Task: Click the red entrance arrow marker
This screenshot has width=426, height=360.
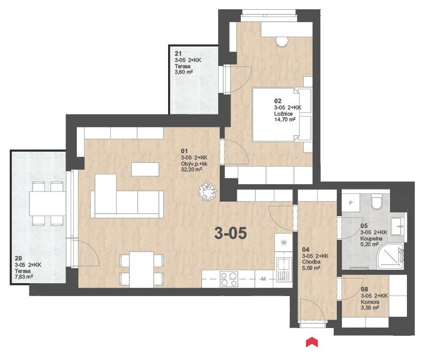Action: pos(312,342)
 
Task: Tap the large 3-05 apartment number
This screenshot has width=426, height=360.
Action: pos(231,233)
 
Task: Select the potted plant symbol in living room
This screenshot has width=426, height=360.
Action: pos(207,192)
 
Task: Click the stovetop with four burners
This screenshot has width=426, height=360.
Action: pos(229,279)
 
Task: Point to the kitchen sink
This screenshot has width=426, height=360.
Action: pos(284,270)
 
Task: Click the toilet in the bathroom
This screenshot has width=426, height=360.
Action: pos(376,202)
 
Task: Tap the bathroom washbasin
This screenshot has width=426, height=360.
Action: pos(398,226)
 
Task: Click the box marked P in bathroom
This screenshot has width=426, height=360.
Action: pos(351,203)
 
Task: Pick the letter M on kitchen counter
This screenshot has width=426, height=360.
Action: pos(263,279)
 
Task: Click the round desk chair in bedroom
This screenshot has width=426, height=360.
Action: pos(282,41)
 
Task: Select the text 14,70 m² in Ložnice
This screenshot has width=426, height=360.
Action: pos(285,120)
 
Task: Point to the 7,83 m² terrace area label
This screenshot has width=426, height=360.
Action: pos(24,277)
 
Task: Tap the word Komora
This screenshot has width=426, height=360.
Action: pos(370,302)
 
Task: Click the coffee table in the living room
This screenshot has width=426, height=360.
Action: pos(145,169)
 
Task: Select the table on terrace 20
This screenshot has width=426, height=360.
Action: pos(47,204)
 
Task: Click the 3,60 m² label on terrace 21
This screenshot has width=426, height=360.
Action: pos(184,72)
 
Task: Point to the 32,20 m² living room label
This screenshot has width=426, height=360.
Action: pos(191,170)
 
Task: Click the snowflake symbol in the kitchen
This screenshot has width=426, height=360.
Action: pos(284,242)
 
